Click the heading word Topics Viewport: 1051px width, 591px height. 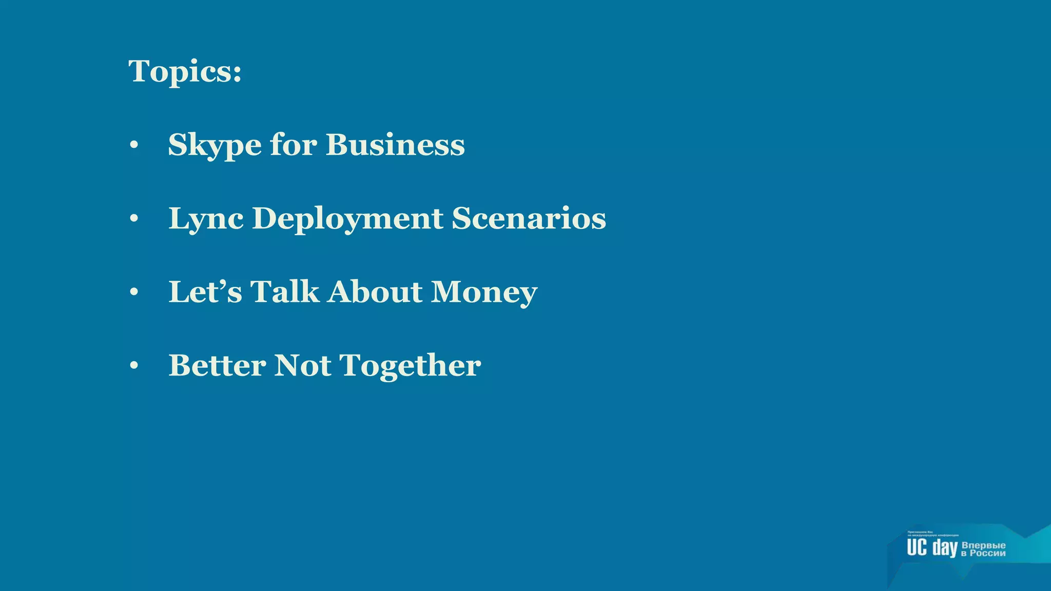185,71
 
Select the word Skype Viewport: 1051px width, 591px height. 215,145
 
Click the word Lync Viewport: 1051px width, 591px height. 206,219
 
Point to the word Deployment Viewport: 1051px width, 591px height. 347,219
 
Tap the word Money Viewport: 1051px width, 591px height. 484,292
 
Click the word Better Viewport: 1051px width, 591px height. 217,365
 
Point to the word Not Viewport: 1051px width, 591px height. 303,365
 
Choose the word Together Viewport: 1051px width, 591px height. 411,366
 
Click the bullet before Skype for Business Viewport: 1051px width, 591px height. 134,145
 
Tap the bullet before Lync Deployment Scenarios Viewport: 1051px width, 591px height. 134,219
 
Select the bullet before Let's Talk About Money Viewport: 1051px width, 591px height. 134,292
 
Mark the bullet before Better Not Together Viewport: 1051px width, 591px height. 134,366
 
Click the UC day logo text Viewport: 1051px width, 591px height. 932,548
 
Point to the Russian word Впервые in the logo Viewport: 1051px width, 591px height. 983,545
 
